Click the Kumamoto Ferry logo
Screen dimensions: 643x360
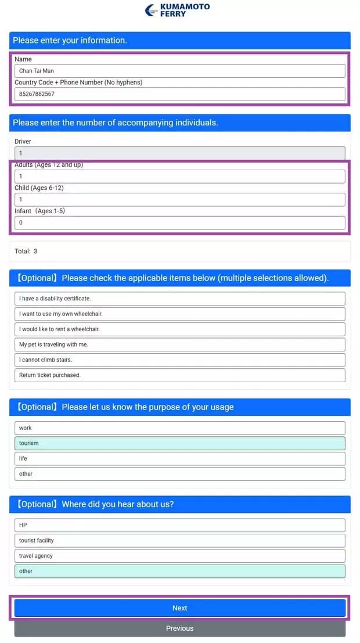tap(178, 10)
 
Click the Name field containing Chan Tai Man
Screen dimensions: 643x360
tap(179, 71)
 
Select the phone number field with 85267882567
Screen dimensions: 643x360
tap(179, 94)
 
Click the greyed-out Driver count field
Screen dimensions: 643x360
tap(179, 153)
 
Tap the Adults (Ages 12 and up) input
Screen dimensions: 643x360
tap(179, 177)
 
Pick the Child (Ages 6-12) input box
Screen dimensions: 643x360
tap(179, 200)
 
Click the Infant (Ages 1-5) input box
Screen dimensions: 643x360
tap(179, 222)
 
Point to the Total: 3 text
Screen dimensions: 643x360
tap(26, 252)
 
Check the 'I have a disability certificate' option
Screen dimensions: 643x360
tap(179, 299)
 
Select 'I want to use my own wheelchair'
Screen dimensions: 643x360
tap(179, 314)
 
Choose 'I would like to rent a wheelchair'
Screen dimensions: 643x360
tap(179, 329)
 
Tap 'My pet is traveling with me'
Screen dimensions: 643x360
tap(179, 344)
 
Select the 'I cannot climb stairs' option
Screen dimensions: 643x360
tap(179, 360)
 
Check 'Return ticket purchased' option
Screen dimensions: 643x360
tap(179, 375)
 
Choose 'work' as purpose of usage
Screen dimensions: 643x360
tap(179, 428)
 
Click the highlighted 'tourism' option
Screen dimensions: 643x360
tap(179, 443)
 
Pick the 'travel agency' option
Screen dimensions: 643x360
tap(179, 556)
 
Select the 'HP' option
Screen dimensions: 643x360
tap(179, 525)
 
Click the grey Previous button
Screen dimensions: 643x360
tap(179, 628)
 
